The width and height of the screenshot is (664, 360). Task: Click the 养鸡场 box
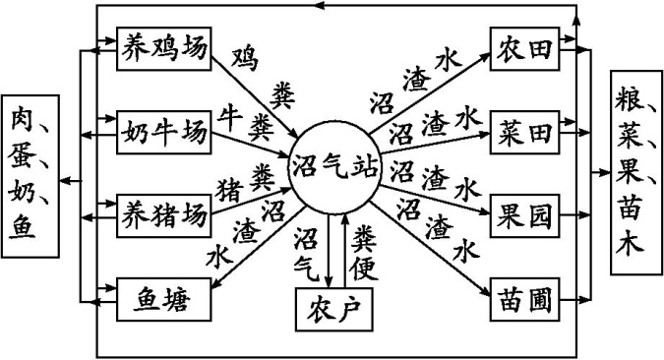pyautogui.click(x=163, y=45)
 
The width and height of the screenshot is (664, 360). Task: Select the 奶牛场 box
pyautogui.click(x=163, y=128)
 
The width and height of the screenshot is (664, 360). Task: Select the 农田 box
pyautogui.click(x=525, y=45)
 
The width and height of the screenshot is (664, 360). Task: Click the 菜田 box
pyautogui.click(x=525, y=128)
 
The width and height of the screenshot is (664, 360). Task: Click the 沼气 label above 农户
pyautogui.click(x=307, y=251)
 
